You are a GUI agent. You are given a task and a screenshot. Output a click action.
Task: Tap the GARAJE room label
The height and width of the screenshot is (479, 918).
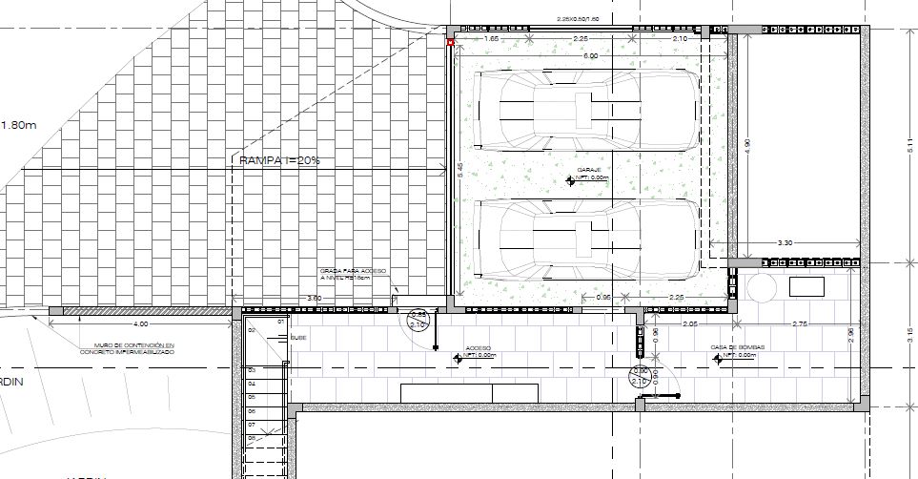click(x=576, y=169)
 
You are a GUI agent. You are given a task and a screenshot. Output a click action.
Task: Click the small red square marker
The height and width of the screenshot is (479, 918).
click(x=450, y=42)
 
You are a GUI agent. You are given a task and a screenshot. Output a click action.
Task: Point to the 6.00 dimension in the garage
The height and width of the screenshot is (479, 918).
click(x=591, y=56)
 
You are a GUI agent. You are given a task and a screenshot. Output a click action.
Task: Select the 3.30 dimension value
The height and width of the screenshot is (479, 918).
click(x=785, y=243)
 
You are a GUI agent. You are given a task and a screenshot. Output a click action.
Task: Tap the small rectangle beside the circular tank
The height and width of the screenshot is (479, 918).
click(x=806, y=286)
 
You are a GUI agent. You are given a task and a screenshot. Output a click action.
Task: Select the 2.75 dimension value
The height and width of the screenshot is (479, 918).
click(x=800, y=325)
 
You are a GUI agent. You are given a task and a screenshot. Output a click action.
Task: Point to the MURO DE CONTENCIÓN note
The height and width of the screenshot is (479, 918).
click(x=134, y=348)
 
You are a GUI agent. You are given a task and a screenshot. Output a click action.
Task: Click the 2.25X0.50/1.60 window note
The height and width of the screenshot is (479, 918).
click(x=578, y=19)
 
